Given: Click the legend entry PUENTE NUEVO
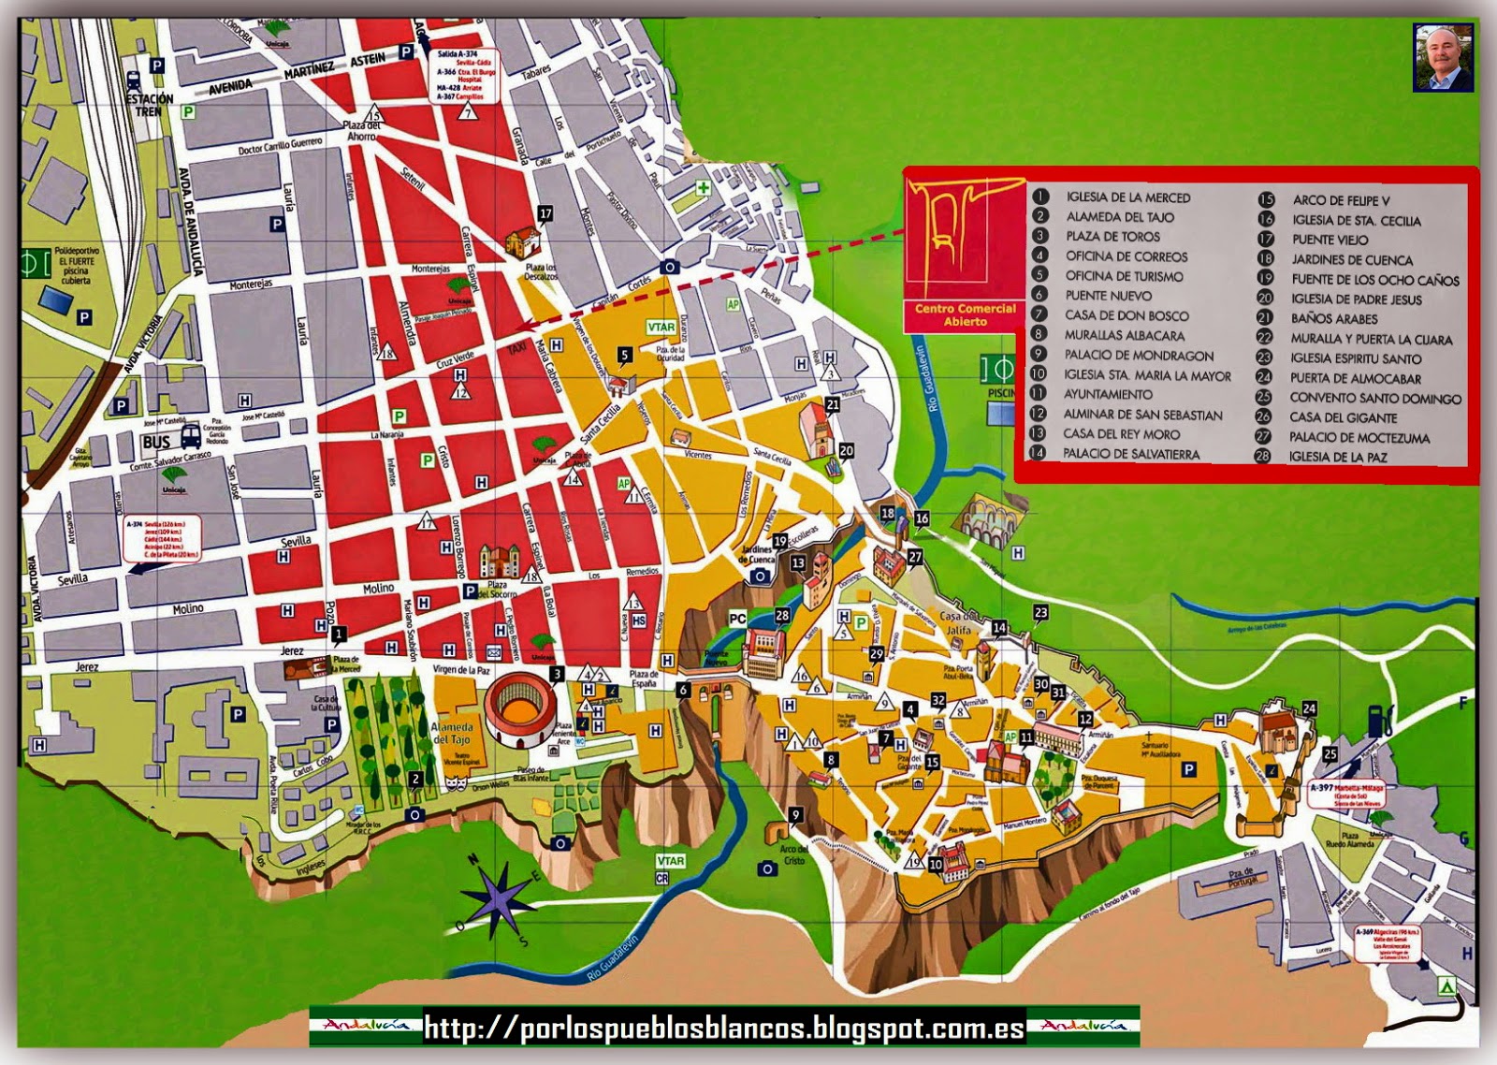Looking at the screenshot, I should click(1108, 296).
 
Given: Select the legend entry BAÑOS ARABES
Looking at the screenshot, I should click(1333, 319).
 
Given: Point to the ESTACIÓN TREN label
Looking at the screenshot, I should click(149, 104).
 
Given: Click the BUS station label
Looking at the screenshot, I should click(156, 442).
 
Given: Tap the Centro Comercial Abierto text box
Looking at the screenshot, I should click(965, 315).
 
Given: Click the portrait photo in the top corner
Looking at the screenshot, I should click(1443, 58).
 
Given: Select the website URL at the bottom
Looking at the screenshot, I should click(723, 1028).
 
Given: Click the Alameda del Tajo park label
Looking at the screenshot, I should click(452, 734).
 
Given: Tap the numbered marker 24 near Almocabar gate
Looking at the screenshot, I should click(1309, 709).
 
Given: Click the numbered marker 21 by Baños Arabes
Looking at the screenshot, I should click(833, 405).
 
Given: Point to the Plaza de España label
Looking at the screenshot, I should click(643, 678).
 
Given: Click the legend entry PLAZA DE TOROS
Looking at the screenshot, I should click(1112, 237).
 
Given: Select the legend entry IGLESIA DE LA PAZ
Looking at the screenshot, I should click(1337, 458).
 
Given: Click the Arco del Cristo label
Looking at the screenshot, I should click(793, 854).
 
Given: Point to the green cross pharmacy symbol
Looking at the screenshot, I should click(703, 187).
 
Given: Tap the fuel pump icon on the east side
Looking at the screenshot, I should click(1375, 719).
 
